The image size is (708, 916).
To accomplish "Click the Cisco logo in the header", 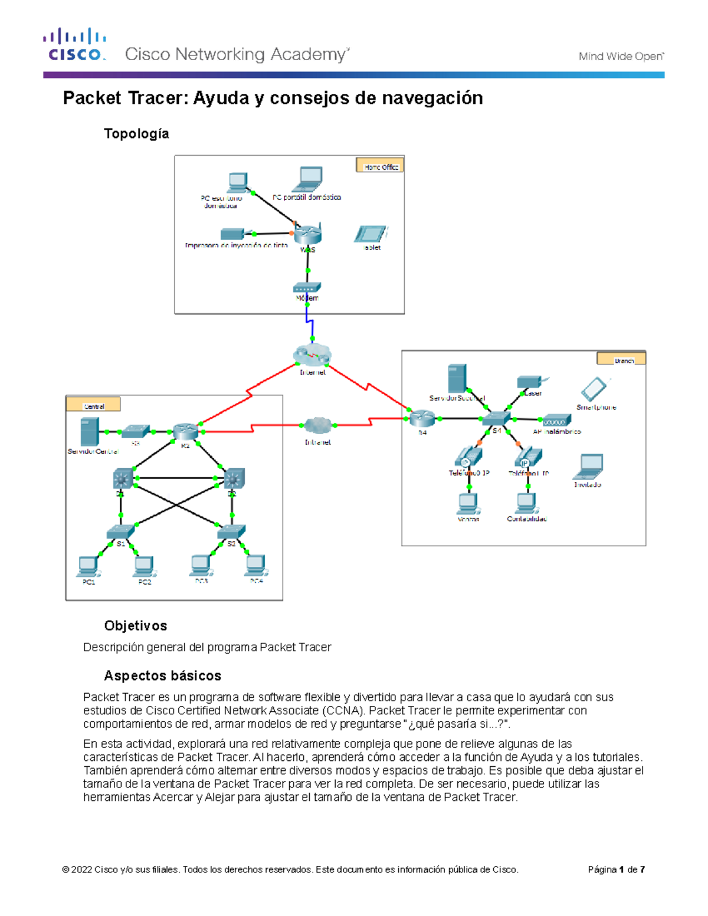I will pyautogui.click(x=74, y=45).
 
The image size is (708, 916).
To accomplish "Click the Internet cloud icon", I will pyautogui.click(x=312, y=355).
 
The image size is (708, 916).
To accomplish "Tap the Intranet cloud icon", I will pyautogui.click(x=318, y=425).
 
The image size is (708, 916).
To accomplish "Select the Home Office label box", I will pyautogui.click(x=380, y=166).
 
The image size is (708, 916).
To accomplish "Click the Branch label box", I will pyautogui.click(x=621, y=359).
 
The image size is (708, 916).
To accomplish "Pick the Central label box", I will pyautogui.click(x=93, y=405).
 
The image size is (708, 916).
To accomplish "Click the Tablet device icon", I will pyautogui.click(x=371, y=234).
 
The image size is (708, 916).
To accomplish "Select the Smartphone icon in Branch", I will pyautogui.click(x=594, y=389).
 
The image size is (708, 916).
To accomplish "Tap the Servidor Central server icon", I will pyautogui.click(x=89, y=432).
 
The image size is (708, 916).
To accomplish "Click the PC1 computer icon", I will pyautogui.click(x=88, y=566).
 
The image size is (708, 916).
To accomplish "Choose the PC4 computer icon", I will pyautogui.click(x=256, y=565).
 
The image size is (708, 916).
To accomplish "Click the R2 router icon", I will pyautogui.click(x=185, y=432).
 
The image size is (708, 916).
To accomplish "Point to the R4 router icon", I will pyautogui.click(x=422, y=419).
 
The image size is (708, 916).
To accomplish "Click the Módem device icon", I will pyautogui.click(x=307, y=288).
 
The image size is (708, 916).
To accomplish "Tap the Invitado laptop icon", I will pyautogui.click(x=589, y=467).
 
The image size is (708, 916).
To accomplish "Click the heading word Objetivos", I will pyautogui.click(x=135, y=626).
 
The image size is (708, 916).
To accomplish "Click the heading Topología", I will pyautogui.click(x=136, y=134).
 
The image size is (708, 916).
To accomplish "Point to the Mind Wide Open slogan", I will pyautogui.click(x=621, y=57).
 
